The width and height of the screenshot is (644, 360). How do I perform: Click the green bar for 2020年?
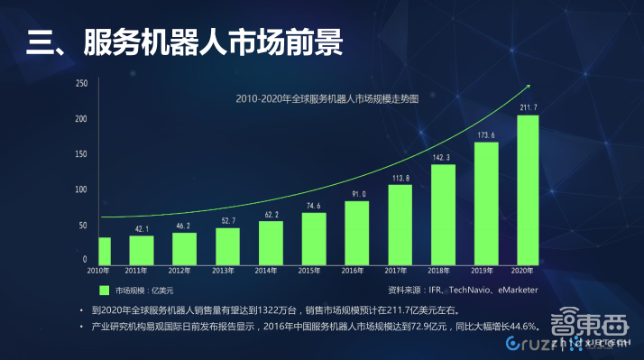(x=528, y=189)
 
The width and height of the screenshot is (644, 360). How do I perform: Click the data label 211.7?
(x=529, y=108)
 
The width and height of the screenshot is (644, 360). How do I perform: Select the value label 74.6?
(x=313, y=206)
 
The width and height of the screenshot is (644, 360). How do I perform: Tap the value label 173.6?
(x=485, y=135)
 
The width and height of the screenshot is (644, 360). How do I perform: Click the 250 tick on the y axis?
(x=81, y=84)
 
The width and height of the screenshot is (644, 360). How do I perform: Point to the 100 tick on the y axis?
(x=81, y=189)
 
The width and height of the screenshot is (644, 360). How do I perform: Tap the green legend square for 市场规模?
(x=104, y=291)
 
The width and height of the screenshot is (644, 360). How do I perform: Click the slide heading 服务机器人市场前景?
(x=213, y=42)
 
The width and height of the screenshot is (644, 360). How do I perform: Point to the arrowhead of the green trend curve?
(x=527, y=87)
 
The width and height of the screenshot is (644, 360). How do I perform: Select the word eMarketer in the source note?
(x=512, y=291)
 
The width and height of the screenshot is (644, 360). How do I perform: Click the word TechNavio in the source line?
(x=455, y=291)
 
